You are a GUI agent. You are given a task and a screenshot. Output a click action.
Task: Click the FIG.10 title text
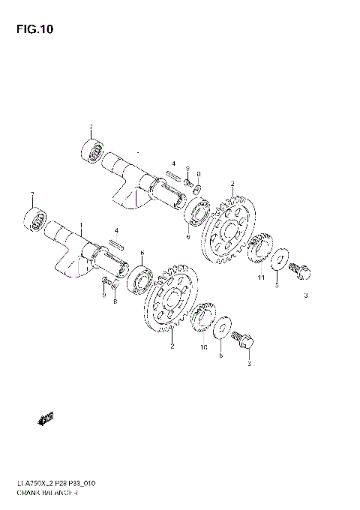click(x=29, y=29)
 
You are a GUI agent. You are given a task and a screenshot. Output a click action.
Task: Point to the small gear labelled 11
click(x=259, y=249)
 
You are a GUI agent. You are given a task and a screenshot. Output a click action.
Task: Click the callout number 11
click(x=261, y=278)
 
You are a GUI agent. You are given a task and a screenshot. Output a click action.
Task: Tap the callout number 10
click(x=203, y=347)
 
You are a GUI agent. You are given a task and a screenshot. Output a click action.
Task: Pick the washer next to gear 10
click(x=222, y=330)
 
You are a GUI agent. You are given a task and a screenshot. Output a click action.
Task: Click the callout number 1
click(x=81, y=226)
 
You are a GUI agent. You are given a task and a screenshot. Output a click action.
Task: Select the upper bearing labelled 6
click(x=200, y=211)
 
